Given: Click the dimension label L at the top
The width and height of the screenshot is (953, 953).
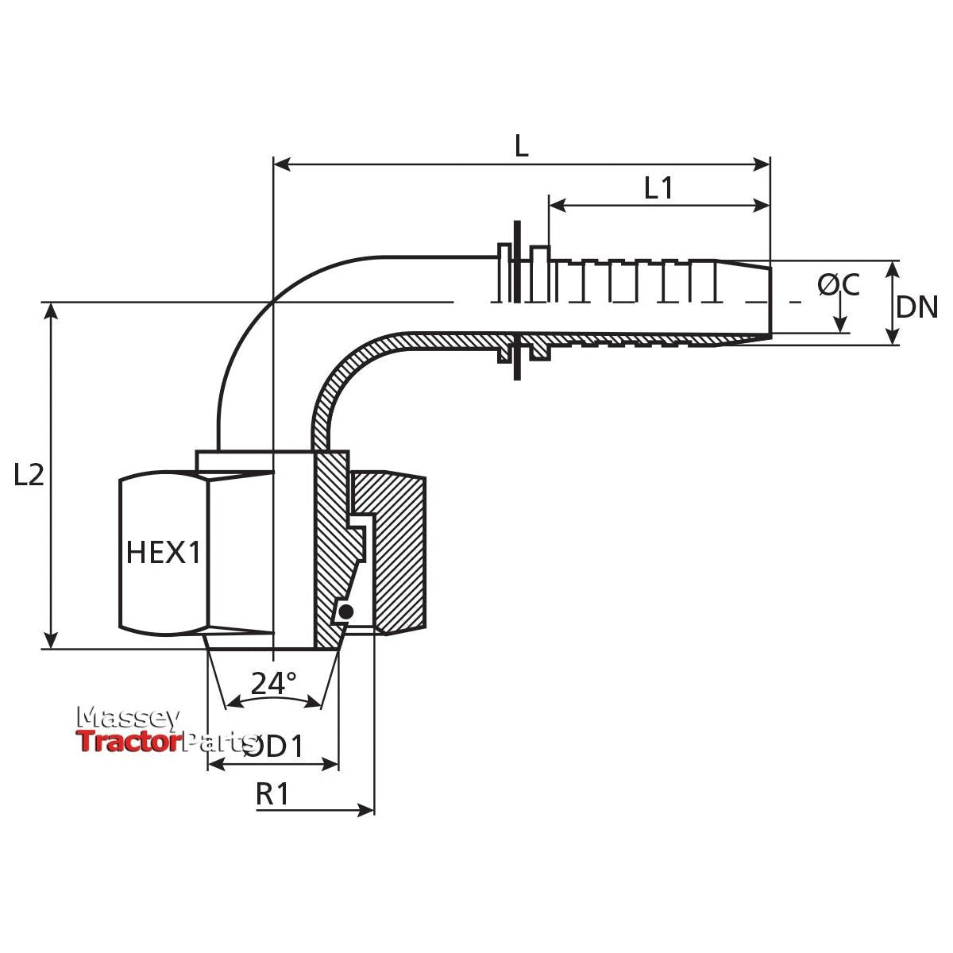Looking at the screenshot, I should click(x=521, y=145).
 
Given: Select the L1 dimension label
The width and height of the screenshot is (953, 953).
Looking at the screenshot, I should click(x=658, y=188).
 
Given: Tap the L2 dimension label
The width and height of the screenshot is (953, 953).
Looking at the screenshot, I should click(x=29, y=475).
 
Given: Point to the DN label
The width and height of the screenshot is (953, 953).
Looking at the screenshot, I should click(x=917, y=307).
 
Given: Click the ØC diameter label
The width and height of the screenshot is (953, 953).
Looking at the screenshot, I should click(x=839, y=285).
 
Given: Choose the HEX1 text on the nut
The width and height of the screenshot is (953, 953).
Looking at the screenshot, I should click(x=164, y=552).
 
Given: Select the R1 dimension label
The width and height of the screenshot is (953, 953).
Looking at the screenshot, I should click(x=273, y=793).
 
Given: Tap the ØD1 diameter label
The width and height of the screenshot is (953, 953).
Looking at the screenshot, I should click(x=274, y=747).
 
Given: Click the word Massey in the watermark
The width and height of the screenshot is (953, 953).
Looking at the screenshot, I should click(x=127, y=718).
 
